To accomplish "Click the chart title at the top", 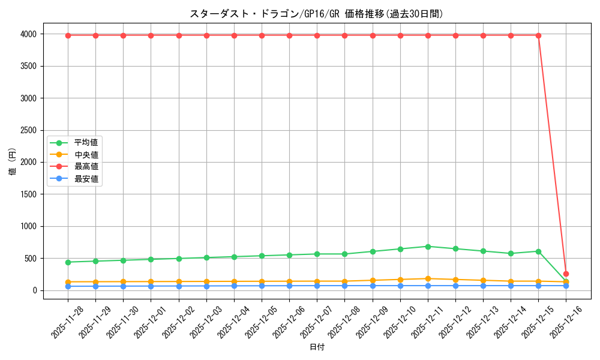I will pos(316,14).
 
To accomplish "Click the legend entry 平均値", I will pos(86,143).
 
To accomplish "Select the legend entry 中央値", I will pos(86,155).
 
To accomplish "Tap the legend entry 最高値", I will pos(86,166).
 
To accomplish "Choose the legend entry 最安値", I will pos(86,178).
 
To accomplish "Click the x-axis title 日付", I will pos(317,347).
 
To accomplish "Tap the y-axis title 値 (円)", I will pos(13,162).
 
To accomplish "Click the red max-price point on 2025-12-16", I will pos(566,274).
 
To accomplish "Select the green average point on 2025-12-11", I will pos(428,247).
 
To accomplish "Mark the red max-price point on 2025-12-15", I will pos(538,35).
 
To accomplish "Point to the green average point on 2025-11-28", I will pos(68,262).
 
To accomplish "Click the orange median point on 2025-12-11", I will pos(428,278).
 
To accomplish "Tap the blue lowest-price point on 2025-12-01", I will pos(151,286).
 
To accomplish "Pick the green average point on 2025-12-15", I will pos(538,251).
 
